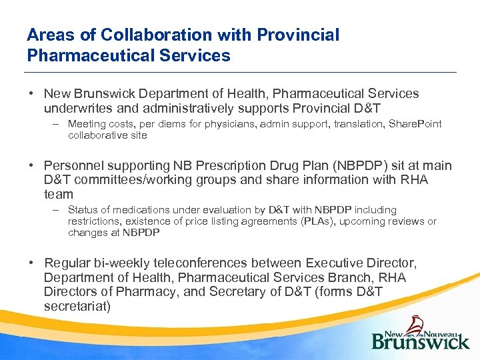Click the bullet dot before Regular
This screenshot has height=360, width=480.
point(32,263)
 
